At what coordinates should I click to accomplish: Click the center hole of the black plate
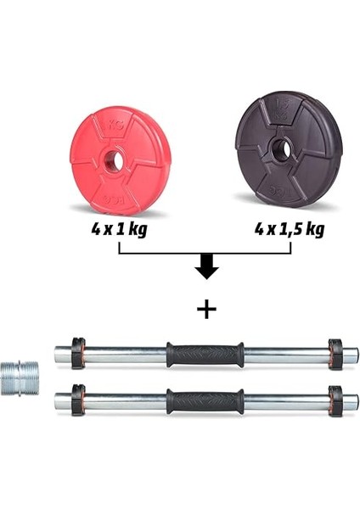coord(282,150)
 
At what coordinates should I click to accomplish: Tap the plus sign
coord(205,309)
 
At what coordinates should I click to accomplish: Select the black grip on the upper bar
coord(205,354)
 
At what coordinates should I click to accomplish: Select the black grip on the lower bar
coord(205,400)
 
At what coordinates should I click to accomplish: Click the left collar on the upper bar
coord(78,353)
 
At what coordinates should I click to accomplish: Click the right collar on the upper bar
coord(334,354)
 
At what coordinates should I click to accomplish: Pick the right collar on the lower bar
coord(334,400)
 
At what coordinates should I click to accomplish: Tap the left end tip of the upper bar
coord(58,353)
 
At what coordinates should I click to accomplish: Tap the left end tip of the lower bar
coord(58,400)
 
